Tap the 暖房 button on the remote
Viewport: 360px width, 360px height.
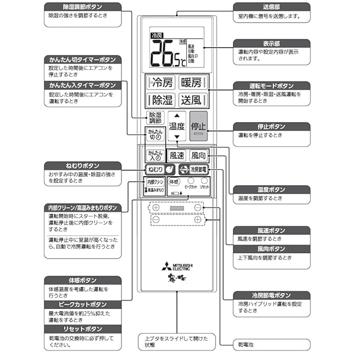tap(191, 83)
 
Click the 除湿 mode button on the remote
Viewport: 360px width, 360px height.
tap(160, 100)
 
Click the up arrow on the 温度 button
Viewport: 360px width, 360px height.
tap(177, 115)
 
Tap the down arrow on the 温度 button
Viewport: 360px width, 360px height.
tap(177, 137)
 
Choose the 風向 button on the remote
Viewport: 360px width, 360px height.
tap(198, 155)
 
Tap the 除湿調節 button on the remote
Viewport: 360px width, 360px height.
tap(155, 118)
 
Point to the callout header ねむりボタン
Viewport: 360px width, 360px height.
tap(82, 166)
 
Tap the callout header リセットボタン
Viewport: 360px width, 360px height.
tap(82, 329)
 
